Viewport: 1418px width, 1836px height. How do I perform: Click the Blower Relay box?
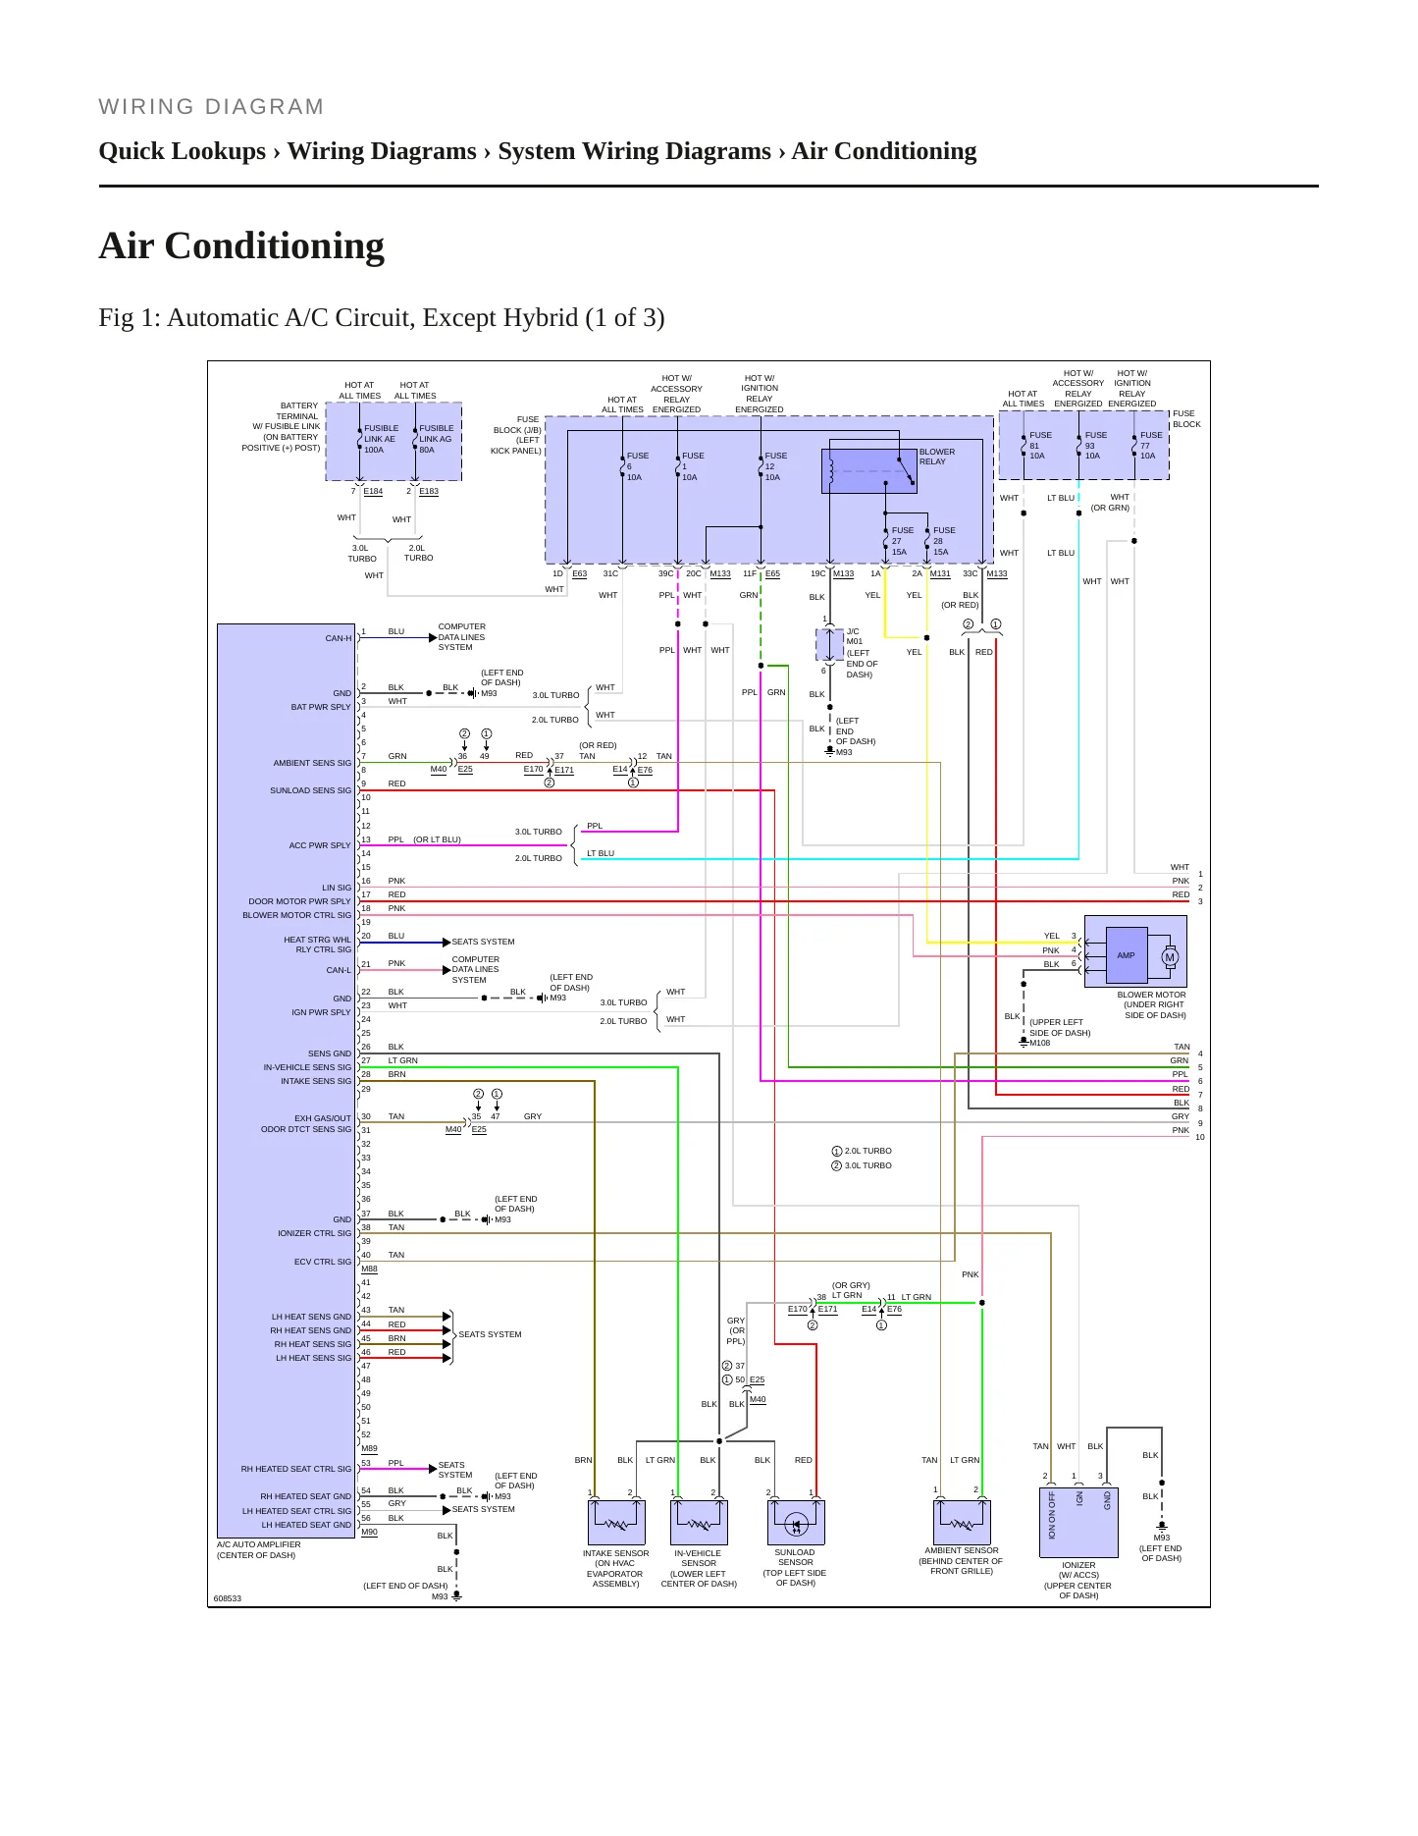point(868,471)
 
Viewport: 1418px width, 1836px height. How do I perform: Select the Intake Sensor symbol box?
point(616,1523)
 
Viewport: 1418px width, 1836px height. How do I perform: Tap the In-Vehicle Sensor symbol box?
point(699,1523)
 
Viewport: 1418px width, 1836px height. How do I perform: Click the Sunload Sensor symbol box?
point(796,1523)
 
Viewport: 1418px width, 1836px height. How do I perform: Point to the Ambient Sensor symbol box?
point(962,1522)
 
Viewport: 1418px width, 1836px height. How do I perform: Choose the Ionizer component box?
point(1078,1522)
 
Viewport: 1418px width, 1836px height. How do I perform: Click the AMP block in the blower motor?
point(1126,955)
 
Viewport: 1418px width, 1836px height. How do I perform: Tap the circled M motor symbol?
point(1170,957)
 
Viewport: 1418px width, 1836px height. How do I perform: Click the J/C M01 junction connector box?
point(830,645)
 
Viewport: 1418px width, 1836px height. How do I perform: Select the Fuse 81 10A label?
point(1039,446)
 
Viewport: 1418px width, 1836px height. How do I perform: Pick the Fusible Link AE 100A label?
point(381,439)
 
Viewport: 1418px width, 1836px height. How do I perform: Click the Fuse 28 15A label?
point(943,541)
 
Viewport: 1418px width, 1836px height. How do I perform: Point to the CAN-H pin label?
point(339,638)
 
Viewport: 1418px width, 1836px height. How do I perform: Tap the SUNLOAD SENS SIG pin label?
point(310,790)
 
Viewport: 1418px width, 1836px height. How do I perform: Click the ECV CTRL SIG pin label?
point(323,1262)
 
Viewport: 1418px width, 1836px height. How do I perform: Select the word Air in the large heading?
point(128,245)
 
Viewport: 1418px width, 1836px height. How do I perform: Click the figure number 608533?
point(228,1598)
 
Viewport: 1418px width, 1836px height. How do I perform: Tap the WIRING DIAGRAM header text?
point(211,107)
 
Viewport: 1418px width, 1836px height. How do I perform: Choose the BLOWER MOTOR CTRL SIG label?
point(297,915)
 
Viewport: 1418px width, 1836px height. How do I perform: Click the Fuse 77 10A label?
point(1150,446)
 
